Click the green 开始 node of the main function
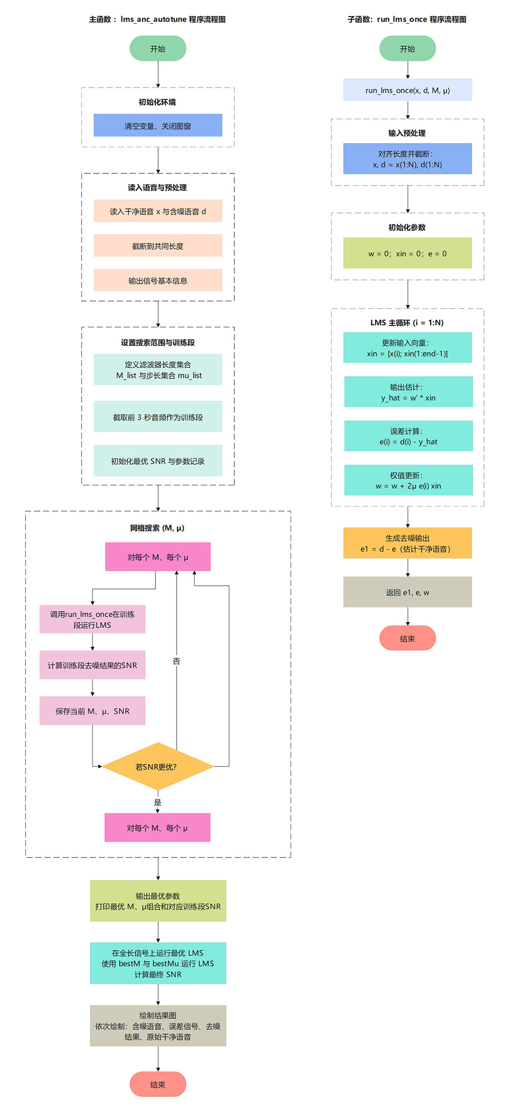158,49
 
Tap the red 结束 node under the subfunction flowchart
407,638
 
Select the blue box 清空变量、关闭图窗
158,125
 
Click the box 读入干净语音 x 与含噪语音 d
158,211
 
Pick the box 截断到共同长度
158,246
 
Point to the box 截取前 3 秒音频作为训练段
158,417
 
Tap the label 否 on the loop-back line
176,661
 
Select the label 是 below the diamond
157,802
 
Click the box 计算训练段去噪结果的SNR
93,665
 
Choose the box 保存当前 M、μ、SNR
93,711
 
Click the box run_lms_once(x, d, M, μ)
407,90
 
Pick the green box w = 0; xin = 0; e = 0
407,253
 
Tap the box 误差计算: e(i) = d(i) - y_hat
408,436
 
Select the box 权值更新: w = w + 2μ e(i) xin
408,480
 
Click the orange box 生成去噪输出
407,543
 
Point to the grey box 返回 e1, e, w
407,592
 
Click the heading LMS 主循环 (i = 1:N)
407,322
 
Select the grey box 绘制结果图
158,1025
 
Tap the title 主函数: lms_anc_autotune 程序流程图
157,19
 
